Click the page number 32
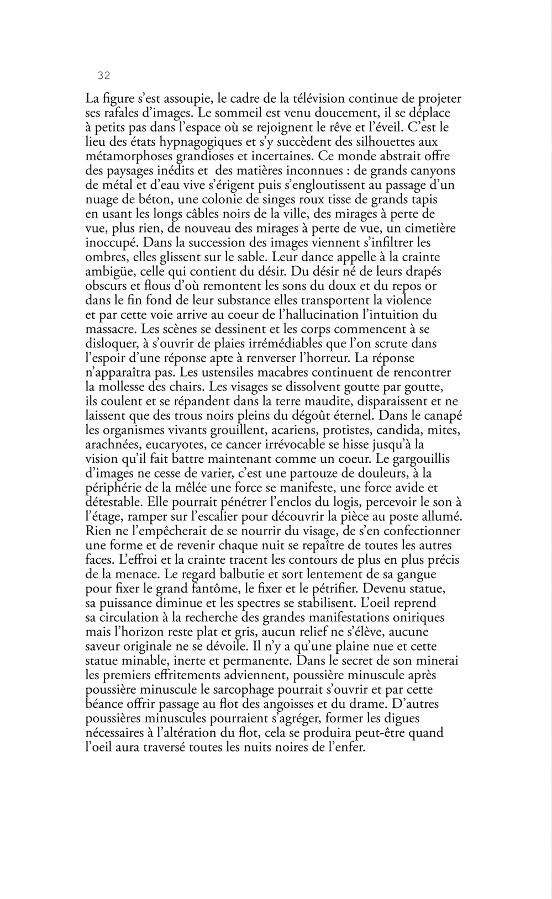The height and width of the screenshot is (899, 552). click(103, 76)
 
